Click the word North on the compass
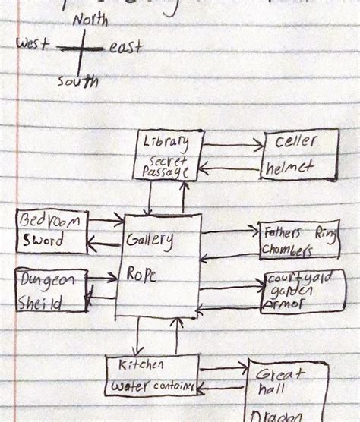pos(90,20)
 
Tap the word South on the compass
pos(77,80)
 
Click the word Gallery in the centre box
pos(150,241)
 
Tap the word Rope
pos(142,276)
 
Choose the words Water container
pos(156,387)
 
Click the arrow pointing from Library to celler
pos(232,143)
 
